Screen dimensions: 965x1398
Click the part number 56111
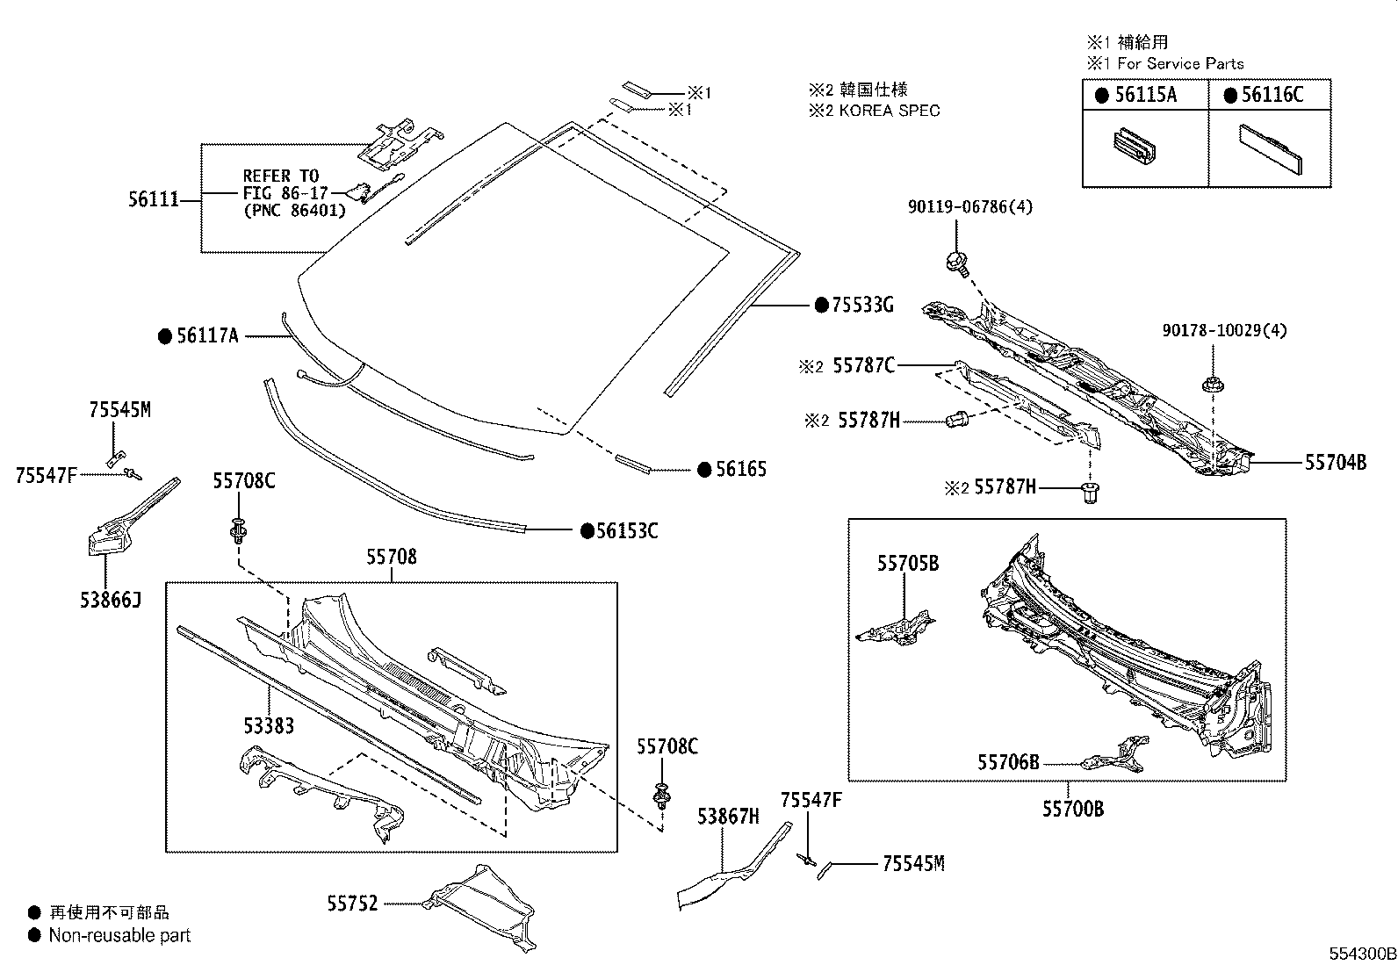pyautogui.click(x=154, y=200)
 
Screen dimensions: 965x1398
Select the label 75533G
pyautogui.click(x=862, y=306)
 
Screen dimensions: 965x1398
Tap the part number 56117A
pyautogui.click(x=207, y=335)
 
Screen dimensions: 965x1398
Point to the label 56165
pyautogui.click(x=740, y=470)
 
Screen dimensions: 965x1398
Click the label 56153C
pyautogui.click(x=627, y=530)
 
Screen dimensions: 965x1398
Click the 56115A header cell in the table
pyautogui.click(x=1145, y=95)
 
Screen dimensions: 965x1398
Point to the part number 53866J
pyautogui.click(x=110, y=600)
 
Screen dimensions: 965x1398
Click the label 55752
pyautogui.click(x=352, y=903)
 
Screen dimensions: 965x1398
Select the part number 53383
pyautogui.click(x=269, y=725)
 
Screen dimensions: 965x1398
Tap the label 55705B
pyautogui.click(x=907, y=564)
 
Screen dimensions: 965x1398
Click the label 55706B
pyautogui.click(x=1008, y=762)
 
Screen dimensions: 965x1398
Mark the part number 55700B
pyautogui.click(x=1073, y=809)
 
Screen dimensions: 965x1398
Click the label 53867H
pyautogui.click(x=728, y=817)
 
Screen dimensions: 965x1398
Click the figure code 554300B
pyautogui.click(x=1361, y=954)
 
